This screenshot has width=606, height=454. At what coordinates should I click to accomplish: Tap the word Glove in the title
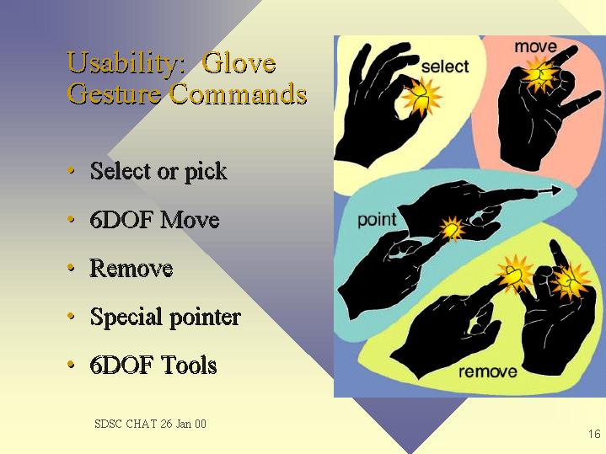click(x=239, y=61)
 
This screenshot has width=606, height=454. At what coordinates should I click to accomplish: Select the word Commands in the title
click(x=238, y=93)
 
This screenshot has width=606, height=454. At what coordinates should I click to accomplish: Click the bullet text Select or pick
click(x=158, y=172)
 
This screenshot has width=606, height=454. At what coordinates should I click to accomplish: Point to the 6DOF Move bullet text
click(x=154, y=220)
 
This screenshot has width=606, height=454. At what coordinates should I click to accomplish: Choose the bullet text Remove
click(x=131, y=268)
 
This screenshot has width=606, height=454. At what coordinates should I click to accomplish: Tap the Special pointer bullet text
click(x=165, y=318)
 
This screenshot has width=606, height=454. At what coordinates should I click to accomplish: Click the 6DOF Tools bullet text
click(x=153, y=365)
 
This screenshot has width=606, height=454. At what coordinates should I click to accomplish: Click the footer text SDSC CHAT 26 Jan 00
click(x=150, y=424)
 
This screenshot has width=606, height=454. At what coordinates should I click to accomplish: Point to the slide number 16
click(x=594, y=434)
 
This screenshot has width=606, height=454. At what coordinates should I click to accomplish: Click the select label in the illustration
click(x=445, y=67)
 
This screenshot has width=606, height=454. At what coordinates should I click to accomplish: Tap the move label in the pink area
click(x=536, y=47)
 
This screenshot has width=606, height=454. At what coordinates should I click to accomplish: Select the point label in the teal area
click(x=377, y=220)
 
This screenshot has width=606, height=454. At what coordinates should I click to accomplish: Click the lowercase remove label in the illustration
click(x=488, y=371)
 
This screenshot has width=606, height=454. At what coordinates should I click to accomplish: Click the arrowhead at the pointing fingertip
click(x=555, y=190)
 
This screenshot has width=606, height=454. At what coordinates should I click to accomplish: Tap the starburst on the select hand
click(x=421, y=97)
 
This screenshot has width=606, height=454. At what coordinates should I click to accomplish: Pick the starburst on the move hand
click(x=540, y=74)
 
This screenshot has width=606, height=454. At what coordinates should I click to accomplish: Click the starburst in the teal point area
click(x=452, y=229)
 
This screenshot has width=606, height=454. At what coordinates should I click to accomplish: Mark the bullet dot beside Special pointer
click(x=71, y=316)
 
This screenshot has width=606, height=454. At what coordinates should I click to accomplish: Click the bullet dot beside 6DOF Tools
click(x=71, y=364)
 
